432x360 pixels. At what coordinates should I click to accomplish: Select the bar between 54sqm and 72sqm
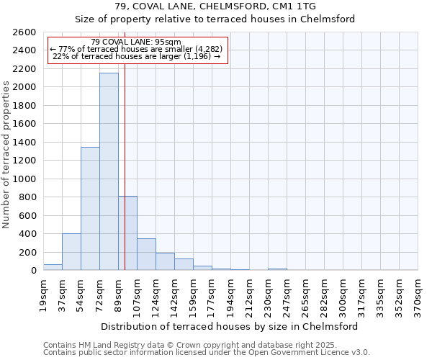tap(90, 209)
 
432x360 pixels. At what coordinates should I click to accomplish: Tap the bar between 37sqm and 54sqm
tap(71, 252)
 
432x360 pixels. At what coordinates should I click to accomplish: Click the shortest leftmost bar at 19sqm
tap(53, 267)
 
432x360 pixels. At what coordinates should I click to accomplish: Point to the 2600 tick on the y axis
tap(26, 32)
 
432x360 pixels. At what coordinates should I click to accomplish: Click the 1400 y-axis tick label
tap(26, 143)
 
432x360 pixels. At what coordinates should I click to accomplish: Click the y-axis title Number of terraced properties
tap(7, 155)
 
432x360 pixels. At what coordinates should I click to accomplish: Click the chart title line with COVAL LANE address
tap(215, 6)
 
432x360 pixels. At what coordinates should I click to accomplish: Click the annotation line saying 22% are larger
tap(137, 56)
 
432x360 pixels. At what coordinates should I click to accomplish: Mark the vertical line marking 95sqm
tap(125, 180)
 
